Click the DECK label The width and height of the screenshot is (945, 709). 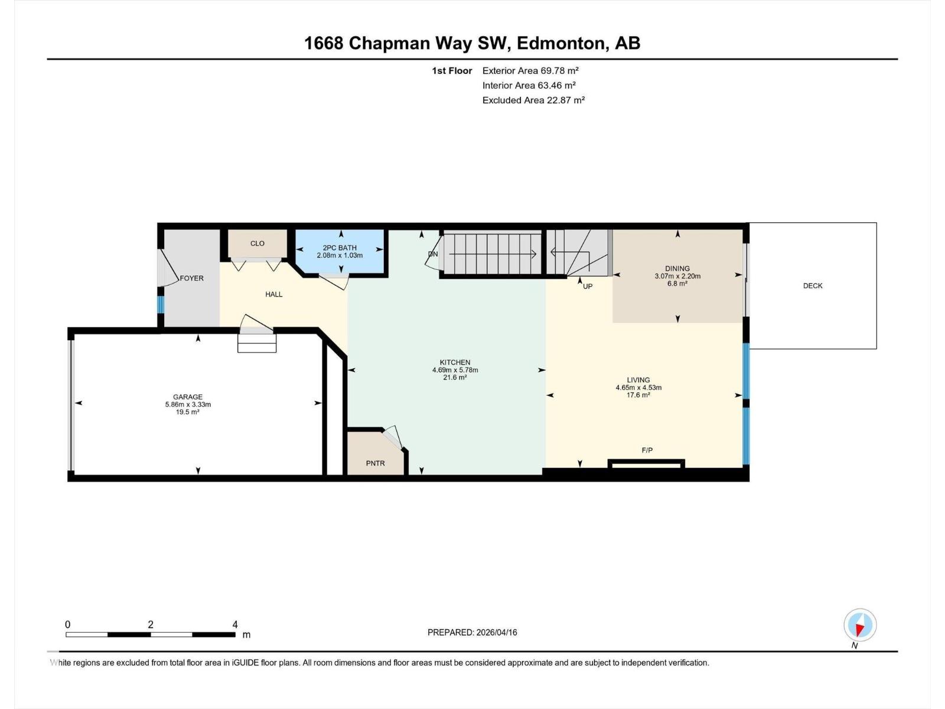tap(812, 286)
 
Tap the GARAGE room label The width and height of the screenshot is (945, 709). tap(188, 397)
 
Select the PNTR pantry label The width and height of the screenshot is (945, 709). tap(375, 463)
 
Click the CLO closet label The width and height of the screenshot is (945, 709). tap(257, 243)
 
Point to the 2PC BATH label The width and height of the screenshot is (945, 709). tap(340, 248)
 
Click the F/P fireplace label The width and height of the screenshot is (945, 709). tap(647, 450)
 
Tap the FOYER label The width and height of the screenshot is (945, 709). tap(191, 278)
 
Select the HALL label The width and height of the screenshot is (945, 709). tap(274, 294)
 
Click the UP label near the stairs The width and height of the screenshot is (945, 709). tap(588, 287)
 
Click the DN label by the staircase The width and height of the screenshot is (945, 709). tap(433, 254)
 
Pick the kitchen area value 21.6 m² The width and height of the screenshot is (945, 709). tap(455, 378)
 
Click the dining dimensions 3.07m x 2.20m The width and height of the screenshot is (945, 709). tap(677, 276)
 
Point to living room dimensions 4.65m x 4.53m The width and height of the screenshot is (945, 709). tap(638, 388)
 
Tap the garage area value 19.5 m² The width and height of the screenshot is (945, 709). tap(188, 412)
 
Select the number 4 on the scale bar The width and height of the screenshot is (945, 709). tap(235, 624)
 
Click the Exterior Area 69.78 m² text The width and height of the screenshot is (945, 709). tap(530, 70)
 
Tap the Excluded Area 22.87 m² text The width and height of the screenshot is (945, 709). tap(533, 100)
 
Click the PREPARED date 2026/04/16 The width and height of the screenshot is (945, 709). tap(496, 632)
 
